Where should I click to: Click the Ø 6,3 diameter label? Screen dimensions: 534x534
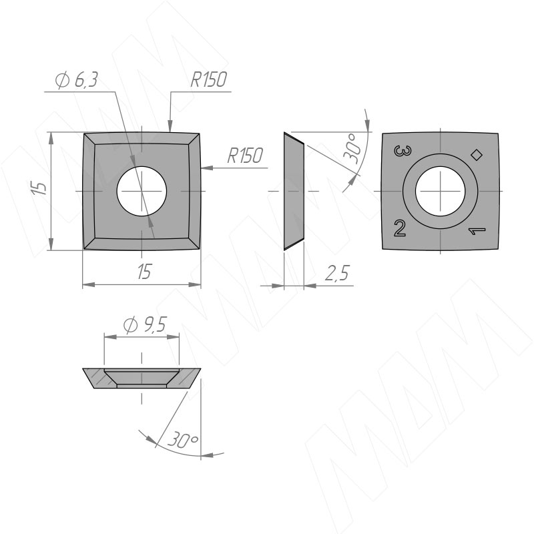(x=77, y=80)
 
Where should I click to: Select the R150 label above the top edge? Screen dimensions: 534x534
(x=208, y=79)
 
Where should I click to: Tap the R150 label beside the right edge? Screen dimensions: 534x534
(x=245, y=156)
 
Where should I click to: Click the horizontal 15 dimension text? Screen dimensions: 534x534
(x=144, y=272)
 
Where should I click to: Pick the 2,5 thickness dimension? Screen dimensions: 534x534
(x=337, y=272)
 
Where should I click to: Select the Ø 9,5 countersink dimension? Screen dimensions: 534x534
(x=145, y=325)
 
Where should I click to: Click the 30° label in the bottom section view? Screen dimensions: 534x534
(x=182, y=440)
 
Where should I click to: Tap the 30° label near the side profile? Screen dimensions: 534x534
(x=352, y=148)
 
